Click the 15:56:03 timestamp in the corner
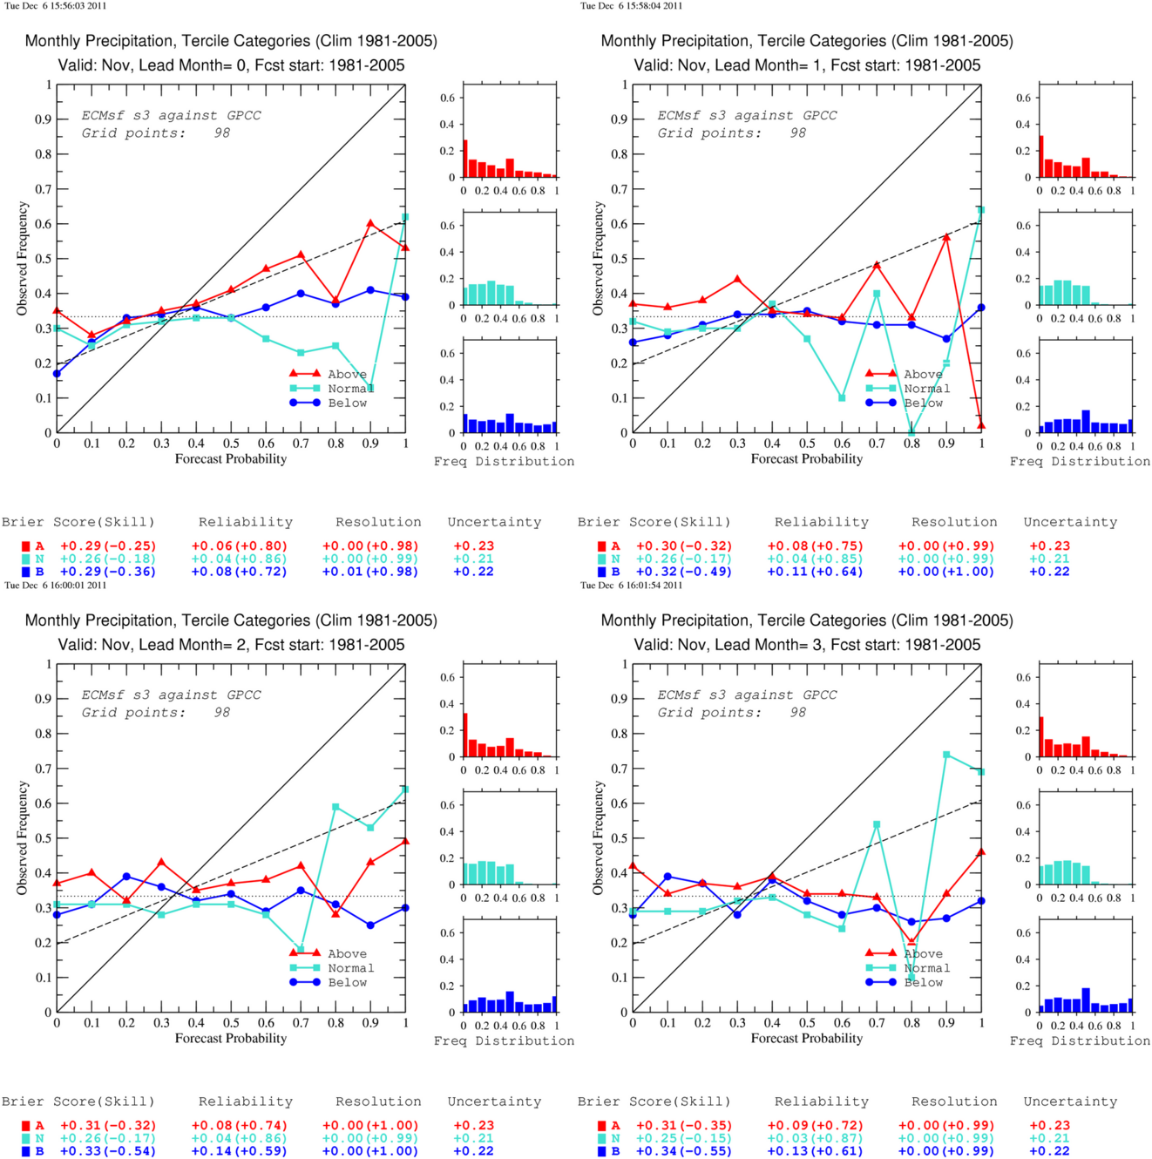click(56, 6)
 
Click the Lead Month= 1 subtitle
click(807, 65)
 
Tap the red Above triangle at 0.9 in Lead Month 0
click(370, 223)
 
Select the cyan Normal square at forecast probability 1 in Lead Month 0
click(405, 217)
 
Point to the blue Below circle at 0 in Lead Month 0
click(57, 374)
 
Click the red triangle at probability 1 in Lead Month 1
click(981, 425)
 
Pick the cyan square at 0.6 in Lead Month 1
click(842, 397)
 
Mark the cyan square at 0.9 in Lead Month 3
click(946, 755)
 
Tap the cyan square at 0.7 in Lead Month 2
click(301, 949)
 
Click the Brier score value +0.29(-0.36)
click(108, 571)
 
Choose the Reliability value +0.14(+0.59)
click(239, 1150)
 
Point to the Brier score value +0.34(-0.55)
click(684, 1150)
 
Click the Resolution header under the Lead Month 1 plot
click(954, 522)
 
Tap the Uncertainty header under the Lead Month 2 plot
click(494, 1101)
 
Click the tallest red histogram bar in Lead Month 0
click(465, 159)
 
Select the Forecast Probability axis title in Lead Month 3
click(807, 1038)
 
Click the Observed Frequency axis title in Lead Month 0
click(23, 259)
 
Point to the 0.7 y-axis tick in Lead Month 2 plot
click(44, 768)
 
